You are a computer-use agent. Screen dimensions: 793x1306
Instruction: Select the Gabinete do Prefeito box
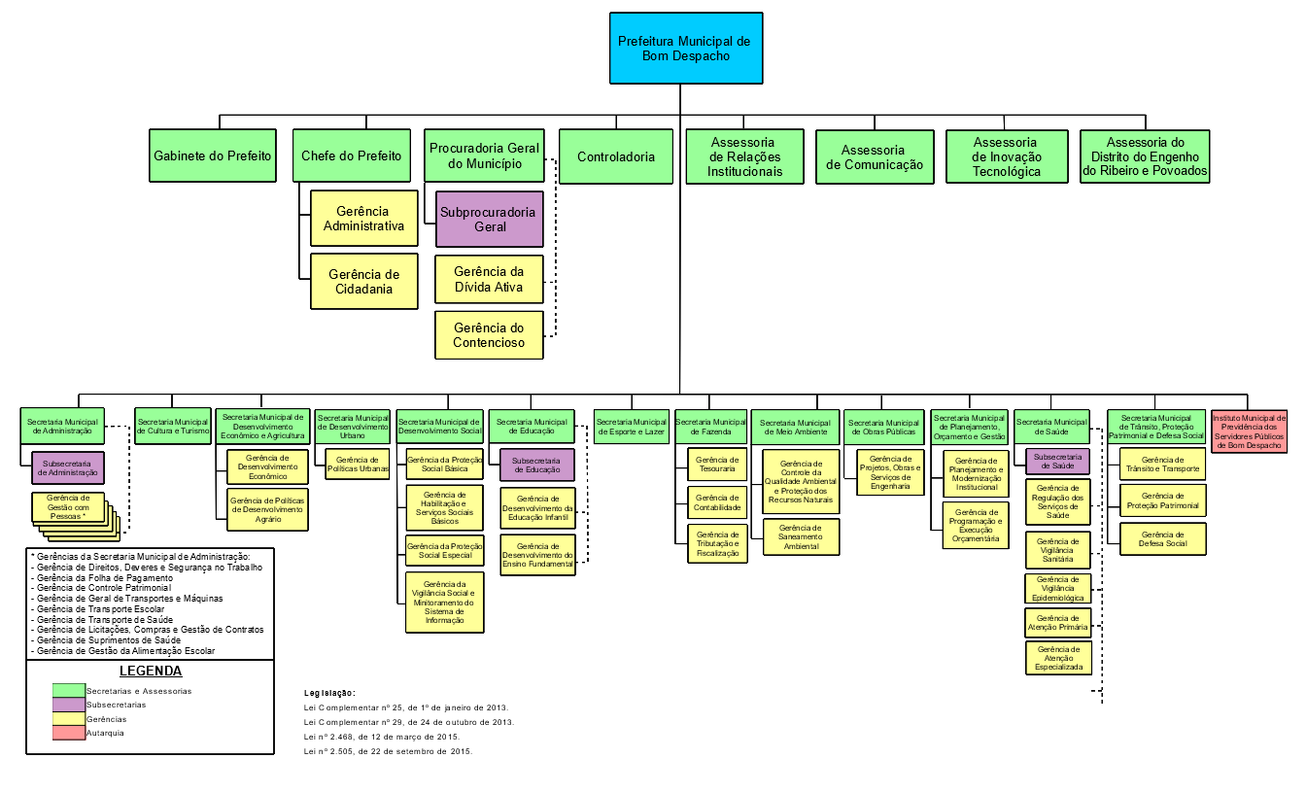point(213,155)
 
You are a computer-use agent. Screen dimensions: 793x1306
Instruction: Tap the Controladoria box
point(616,156)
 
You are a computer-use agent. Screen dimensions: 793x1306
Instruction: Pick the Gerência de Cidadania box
point(364,282)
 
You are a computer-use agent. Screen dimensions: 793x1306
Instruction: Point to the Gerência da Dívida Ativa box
point(489,280)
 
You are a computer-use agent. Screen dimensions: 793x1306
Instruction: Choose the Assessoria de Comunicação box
point(874,156)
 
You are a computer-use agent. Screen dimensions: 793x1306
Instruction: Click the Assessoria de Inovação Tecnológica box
point(1006,156)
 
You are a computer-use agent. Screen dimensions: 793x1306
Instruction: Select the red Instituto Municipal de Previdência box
point(1249,431)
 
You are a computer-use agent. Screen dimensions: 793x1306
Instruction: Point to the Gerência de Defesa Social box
point(1163,538)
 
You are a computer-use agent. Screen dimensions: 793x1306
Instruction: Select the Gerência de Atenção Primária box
point(1058,623)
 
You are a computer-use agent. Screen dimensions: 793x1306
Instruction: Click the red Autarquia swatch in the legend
point(69,733)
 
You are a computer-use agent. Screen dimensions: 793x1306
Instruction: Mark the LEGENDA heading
point(151,671)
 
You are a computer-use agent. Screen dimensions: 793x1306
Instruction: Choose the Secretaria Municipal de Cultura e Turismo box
point(173,426)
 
